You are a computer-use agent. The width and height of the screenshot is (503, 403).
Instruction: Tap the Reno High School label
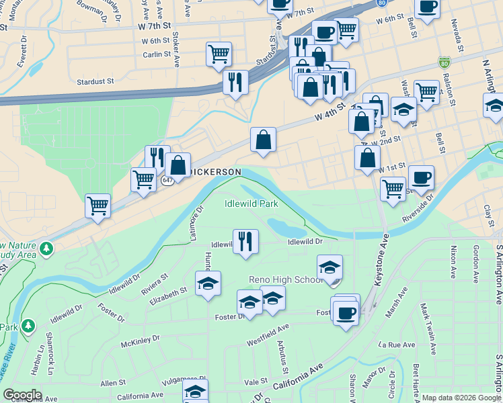pos(286,279)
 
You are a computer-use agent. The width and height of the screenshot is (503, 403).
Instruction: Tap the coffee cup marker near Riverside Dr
pos(421,178)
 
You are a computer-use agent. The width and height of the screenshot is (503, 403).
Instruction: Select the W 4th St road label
pos(330,113)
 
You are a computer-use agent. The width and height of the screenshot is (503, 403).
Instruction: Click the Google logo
pos(22,395)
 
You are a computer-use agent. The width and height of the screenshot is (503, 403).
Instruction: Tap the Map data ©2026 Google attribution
pos(461,398)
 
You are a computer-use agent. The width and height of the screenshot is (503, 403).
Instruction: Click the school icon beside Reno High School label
pos(330,267)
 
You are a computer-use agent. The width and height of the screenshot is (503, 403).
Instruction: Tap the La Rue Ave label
pos(397,345)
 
